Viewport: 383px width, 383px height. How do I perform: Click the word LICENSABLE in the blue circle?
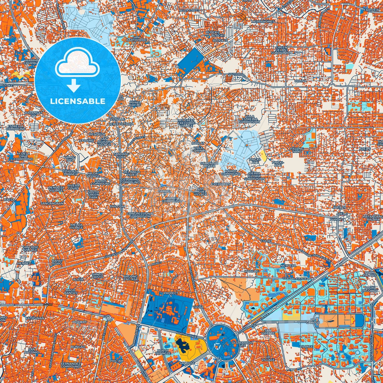tap(78, 101)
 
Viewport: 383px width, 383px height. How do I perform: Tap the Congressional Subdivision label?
tap(140, 215)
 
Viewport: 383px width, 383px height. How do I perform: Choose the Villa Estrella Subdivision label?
tap(249, 119)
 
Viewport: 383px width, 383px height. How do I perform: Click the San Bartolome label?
tap(140, 38)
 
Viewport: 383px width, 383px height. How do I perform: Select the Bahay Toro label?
tap(57, 262)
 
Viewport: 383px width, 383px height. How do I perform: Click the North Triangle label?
tap(163, 352)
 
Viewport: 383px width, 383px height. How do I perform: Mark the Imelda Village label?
tap(76, 226)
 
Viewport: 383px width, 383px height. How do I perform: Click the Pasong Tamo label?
tap(297, 150)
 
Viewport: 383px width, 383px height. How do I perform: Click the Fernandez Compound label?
tap(70, 365)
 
